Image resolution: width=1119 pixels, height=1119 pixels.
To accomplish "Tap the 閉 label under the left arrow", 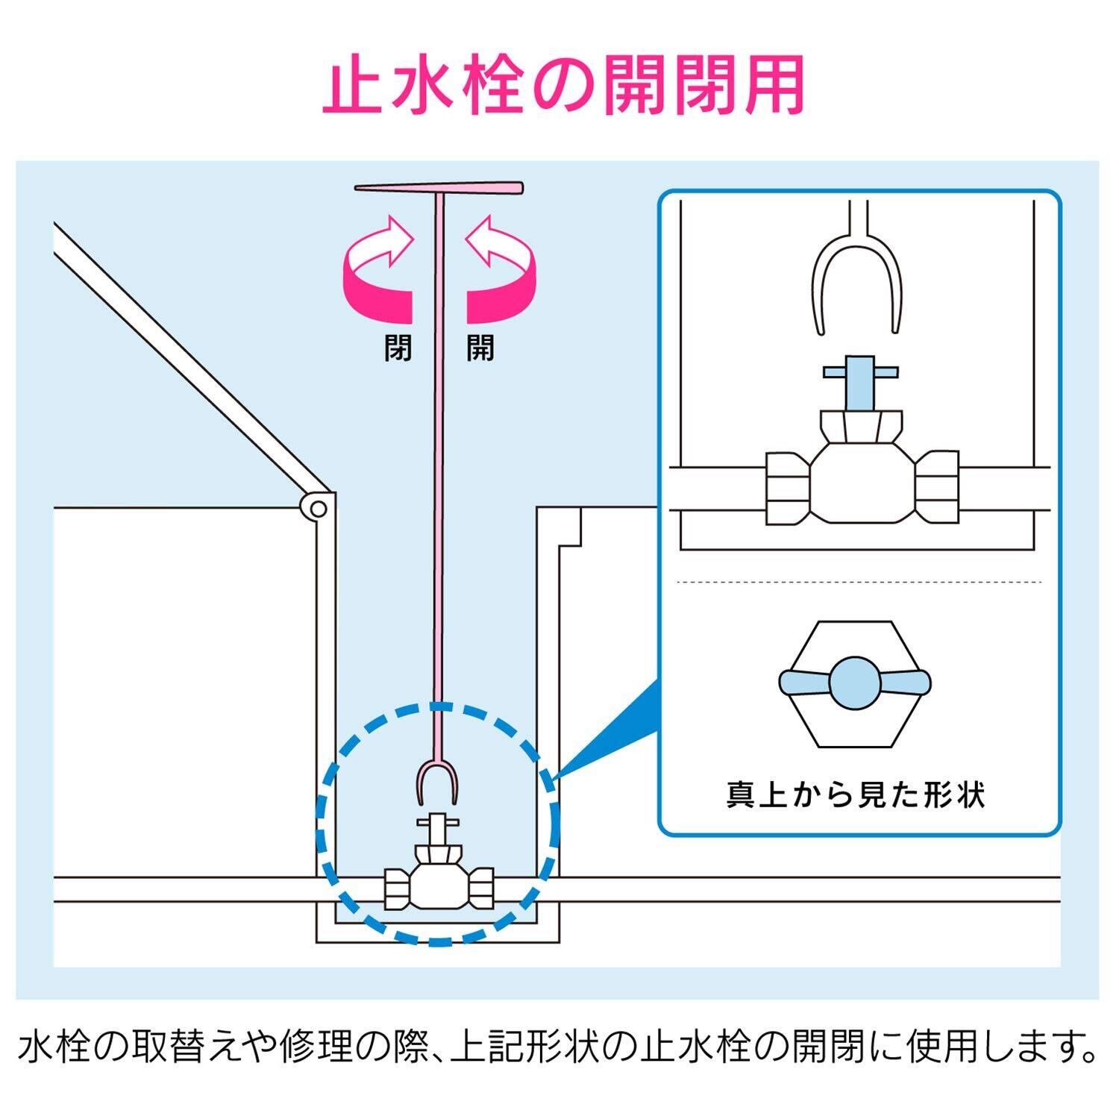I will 398,348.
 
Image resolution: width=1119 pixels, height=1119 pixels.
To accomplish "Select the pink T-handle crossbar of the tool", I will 439,188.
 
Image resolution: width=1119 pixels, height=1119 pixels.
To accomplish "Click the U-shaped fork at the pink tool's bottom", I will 437,783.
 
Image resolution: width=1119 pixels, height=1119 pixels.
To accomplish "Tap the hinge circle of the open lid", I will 318,510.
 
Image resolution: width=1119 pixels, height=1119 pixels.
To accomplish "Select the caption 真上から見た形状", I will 856,794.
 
